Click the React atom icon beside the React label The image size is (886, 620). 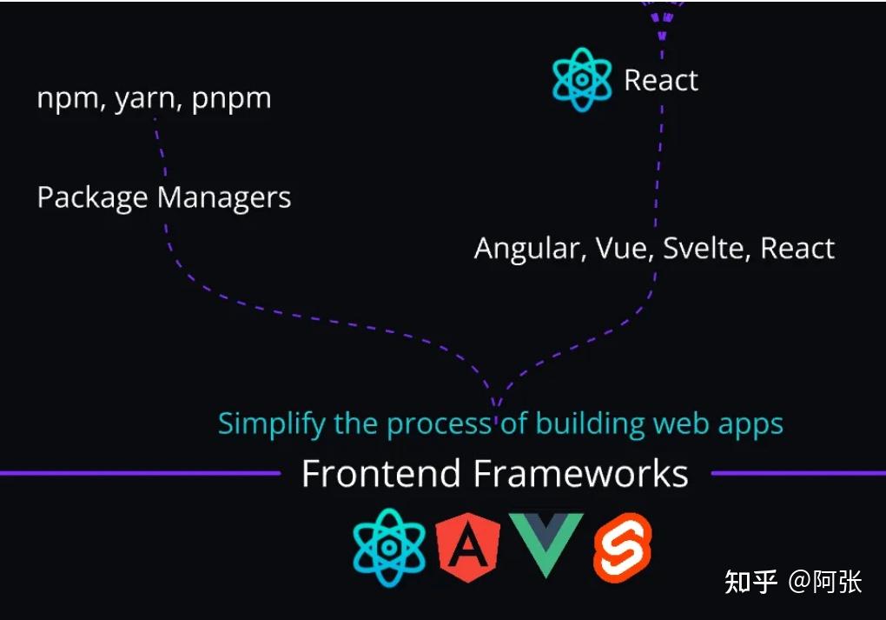583,79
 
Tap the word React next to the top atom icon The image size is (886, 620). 661,81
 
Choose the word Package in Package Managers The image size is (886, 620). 92,198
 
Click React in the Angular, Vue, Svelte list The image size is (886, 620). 797,249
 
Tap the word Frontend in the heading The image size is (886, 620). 380,475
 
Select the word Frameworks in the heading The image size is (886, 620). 580,475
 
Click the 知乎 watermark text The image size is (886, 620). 750,582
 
